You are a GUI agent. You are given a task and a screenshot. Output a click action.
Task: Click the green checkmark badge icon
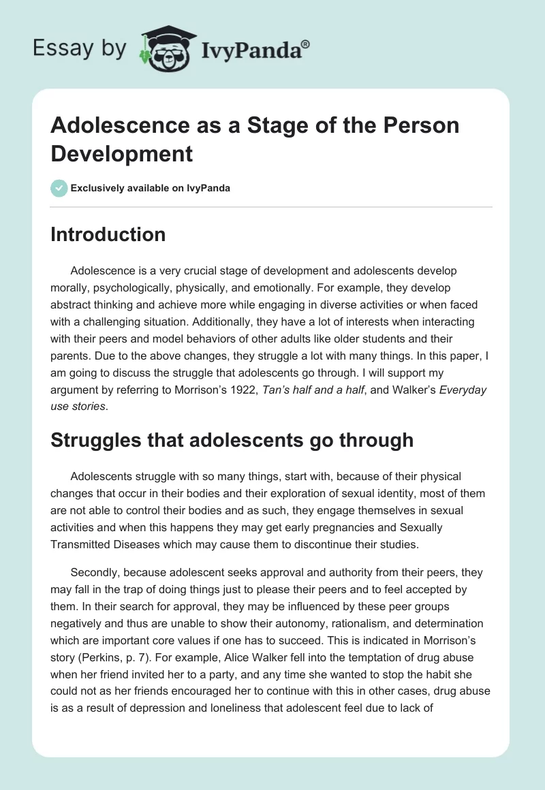click(x=59, y=188)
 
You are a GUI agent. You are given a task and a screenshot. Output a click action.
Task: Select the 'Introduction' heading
click(x=108, y=234)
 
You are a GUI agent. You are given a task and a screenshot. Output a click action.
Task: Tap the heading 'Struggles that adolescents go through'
click(x=232, y=440)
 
